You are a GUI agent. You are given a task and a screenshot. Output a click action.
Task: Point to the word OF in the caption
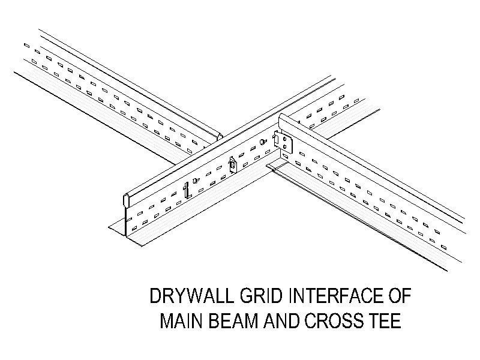[400, 296]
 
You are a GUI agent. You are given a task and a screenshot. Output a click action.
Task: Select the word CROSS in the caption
[333, 320]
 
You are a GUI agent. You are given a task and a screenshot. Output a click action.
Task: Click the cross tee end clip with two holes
[284, 142]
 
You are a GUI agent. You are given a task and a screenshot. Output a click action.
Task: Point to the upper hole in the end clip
[284, 139]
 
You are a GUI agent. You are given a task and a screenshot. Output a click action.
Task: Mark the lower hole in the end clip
[285, 146]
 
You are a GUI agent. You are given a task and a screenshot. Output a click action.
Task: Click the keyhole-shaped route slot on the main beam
[233, 165]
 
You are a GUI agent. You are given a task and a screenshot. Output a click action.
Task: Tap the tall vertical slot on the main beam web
[186, 190]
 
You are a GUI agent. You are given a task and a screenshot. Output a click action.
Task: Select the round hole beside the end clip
[263, 142]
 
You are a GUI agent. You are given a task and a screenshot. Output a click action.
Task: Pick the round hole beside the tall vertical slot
[195, 181]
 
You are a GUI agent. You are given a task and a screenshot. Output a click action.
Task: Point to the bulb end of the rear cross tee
[220, 136]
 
